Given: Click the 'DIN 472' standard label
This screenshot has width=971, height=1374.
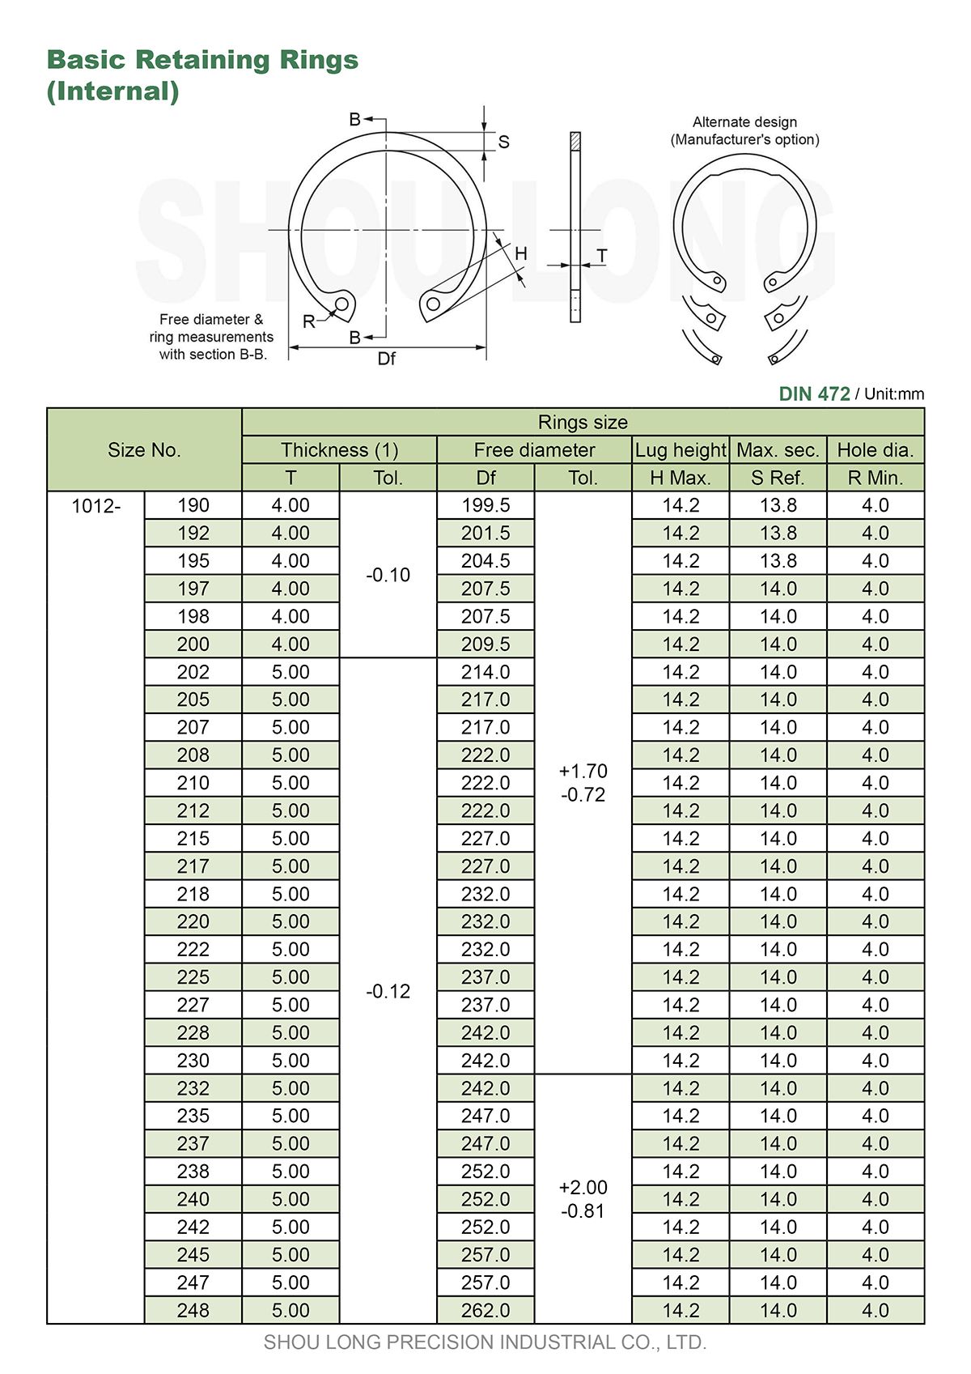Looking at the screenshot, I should click(814, 394).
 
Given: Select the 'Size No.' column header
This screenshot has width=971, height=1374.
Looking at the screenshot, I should click(144, 450).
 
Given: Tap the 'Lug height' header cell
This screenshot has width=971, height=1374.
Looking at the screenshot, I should click(681, 450).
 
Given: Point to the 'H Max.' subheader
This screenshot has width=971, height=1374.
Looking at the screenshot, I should click(681, 479).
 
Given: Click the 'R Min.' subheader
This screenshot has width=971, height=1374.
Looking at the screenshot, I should click(875, 479).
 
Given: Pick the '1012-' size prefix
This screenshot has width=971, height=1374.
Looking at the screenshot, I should click(95, 506).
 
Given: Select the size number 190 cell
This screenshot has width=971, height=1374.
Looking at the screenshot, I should click(193, 506).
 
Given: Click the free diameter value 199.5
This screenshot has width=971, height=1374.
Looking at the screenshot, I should click(485, 506).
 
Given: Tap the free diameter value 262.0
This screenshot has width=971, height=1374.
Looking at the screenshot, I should click(485, 1311).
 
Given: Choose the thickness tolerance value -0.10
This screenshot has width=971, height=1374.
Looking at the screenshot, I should click(388, 576).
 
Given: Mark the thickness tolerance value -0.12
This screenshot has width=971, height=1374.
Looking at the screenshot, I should click(388, 992).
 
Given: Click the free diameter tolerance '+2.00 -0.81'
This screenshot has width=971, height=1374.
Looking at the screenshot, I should click(583, 1199).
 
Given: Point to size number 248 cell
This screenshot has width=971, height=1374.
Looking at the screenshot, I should click(193, 1311).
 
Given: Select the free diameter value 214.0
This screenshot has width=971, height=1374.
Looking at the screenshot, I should click(485, 672).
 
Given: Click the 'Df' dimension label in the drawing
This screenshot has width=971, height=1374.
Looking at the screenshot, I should click(387, 359).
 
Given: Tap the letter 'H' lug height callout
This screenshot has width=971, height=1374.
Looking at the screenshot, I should click(521, 253).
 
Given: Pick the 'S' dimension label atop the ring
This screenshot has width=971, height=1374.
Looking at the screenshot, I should click(503, 143).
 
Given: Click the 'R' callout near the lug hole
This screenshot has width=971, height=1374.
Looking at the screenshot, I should click(309, 321).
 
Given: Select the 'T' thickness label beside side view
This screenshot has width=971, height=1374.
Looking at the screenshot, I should click(602, 256).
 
